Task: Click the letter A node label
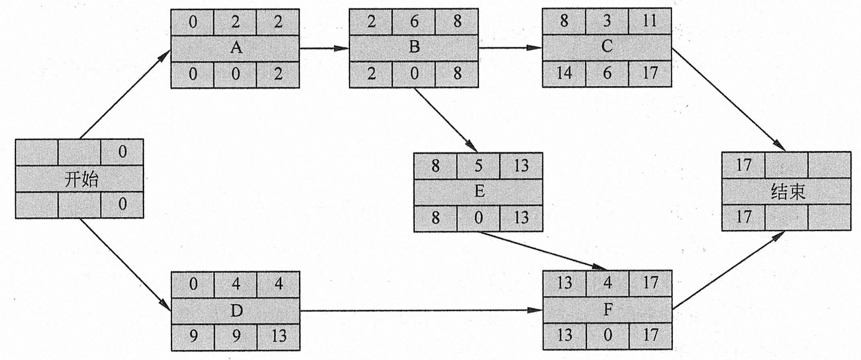pos(236,48)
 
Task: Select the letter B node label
pos(414,47)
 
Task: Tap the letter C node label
pos(607,46)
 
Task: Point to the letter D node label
pos(236,311)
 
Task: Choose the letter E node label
pos(479,191)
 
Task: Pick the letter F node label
pos(608,309)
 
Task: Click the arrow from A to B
pos(324,48)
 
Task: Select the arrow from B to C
pos(510,48)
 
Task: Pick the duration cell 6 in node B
pos(414,21)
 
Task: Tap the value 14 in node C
pos(564,74)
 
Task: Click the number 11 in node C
pos(649,21)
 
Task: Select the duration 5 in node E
pos(478,165)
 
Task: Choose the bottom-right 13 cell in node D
pos(278,336)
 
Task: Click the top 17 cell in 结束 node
pos(743,165)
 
